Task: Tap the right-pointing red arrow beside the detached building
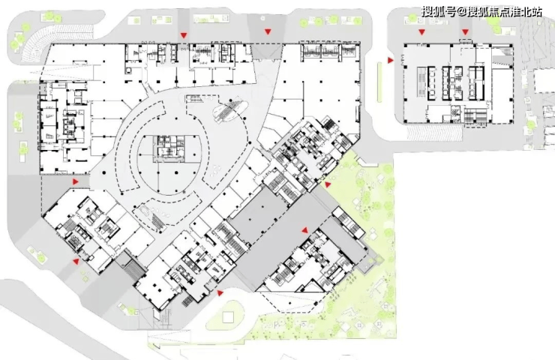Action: pyautogui.click(x=391, y=60)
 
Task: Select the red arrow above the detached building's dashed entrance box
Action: pyautogui.click(x=466, y=32)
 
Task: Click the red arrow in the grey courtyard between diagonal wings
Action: pyautogui.click(x=304, y=230)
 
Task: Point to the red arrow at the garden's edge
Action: pyautogui.click(x=328, y=184)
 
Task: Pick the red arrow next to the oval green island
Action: pyautogui.click(x=220, y=292)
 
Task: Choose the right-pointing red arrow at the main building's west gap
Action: pyautogui.click(x=76, y=181)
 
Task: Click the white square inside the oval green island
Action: pyautogui.click(x=228, y=316)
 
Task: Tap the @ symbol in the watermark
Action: pyautogui.click(x=461, y=12)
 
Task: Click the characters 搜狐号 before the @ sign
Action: pyautogui.click(x=439, y=12)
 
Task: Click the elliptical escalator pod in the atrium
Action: pyautogui.click(x=230, y=109)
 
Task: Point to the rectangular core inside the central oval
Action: pyautogui.click(x=169, y=149)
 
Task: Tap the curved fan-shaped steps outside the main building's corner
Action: pyautogui.click(x=34, y=42)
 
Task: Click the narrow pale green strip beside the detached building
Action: pyautogui.click(x=379, y=82)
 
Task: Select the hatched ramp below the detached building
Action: pyautogui.click(x=435, y=133)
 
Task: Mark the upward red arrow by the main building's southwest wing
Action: pyautogui.click(x=76, y=261)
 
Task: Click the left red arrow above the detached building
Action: pyautogui.click(x=421, y=32)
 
